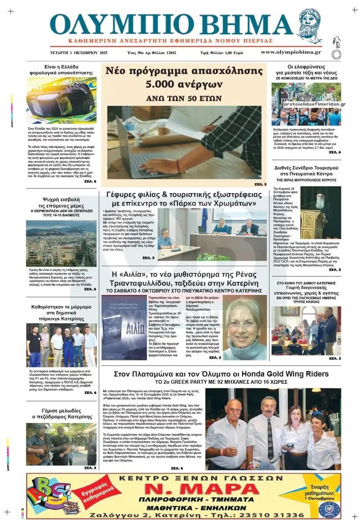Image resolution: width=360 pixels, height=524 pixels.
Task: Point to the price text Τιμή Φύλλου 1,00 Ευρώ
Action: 221,53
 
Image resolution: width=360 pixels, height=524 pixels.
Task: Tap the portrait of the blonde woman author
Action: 244,327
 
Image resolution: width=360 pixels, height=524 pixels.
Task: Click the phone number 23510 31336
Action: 271,515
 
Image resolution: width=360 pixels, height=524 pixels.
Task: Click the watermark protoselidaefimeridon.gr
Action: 314,104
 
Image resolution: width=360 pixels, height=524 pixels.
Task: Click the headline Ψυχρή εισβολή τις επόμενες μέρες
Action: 61,202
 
